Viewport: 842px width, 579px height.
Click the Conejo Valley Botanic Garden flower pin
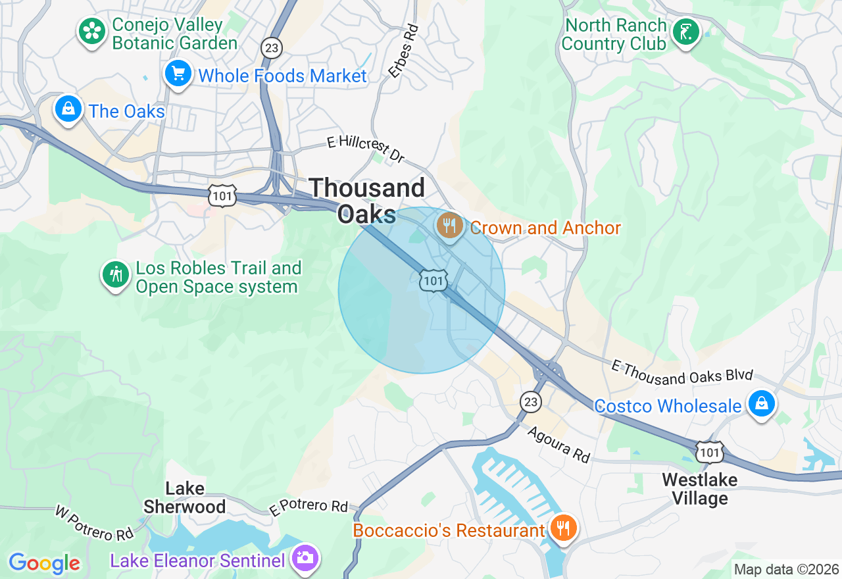point(92,32)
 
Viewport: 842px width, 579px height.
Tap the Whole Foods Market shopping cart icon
point(178,74)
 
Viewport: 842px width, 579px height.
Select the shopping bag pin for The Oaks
point(68,109)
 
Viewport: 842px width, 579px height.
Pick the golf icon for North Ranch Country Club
point(685,32)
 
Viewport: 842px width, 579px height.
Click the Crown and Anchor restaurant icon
point(449,226)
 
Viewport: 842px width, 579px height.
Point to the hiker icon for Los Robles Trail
point(116,275)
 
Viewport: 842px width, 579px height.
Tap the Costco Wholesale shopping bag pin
point(762,404)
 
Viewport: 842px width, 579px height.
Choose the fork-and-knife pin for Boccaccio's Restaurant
point(563,528)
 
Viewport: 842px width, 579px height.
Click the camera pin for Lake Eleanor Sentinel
point(306,559)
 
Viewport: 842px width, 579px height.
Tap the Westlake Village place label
point(700,489)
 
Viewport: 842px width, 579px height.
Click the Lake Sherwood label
point(185,497)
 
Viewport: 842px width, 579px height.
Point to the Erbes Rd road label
point(403,51)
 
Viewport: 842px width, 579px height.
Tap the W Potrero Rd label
point(94,523)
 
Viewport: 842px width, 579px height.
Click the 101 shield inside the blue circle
point(433,281)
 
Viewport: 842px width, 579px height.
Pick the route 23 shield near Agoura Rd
point(530,401)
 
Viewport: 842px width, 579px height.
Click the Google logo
point(44,563)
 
